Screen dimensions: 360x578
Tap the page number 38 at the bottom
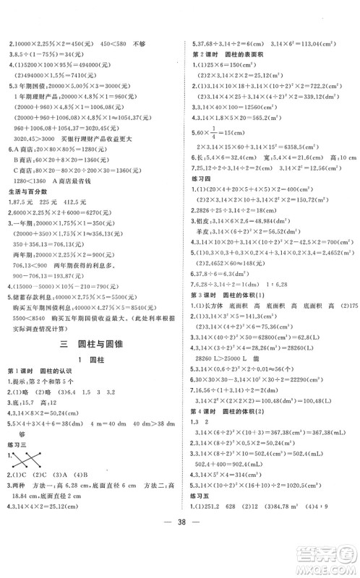[x=180, y=558]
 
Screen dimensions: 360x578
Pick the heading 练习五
[x=202, y=517]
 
